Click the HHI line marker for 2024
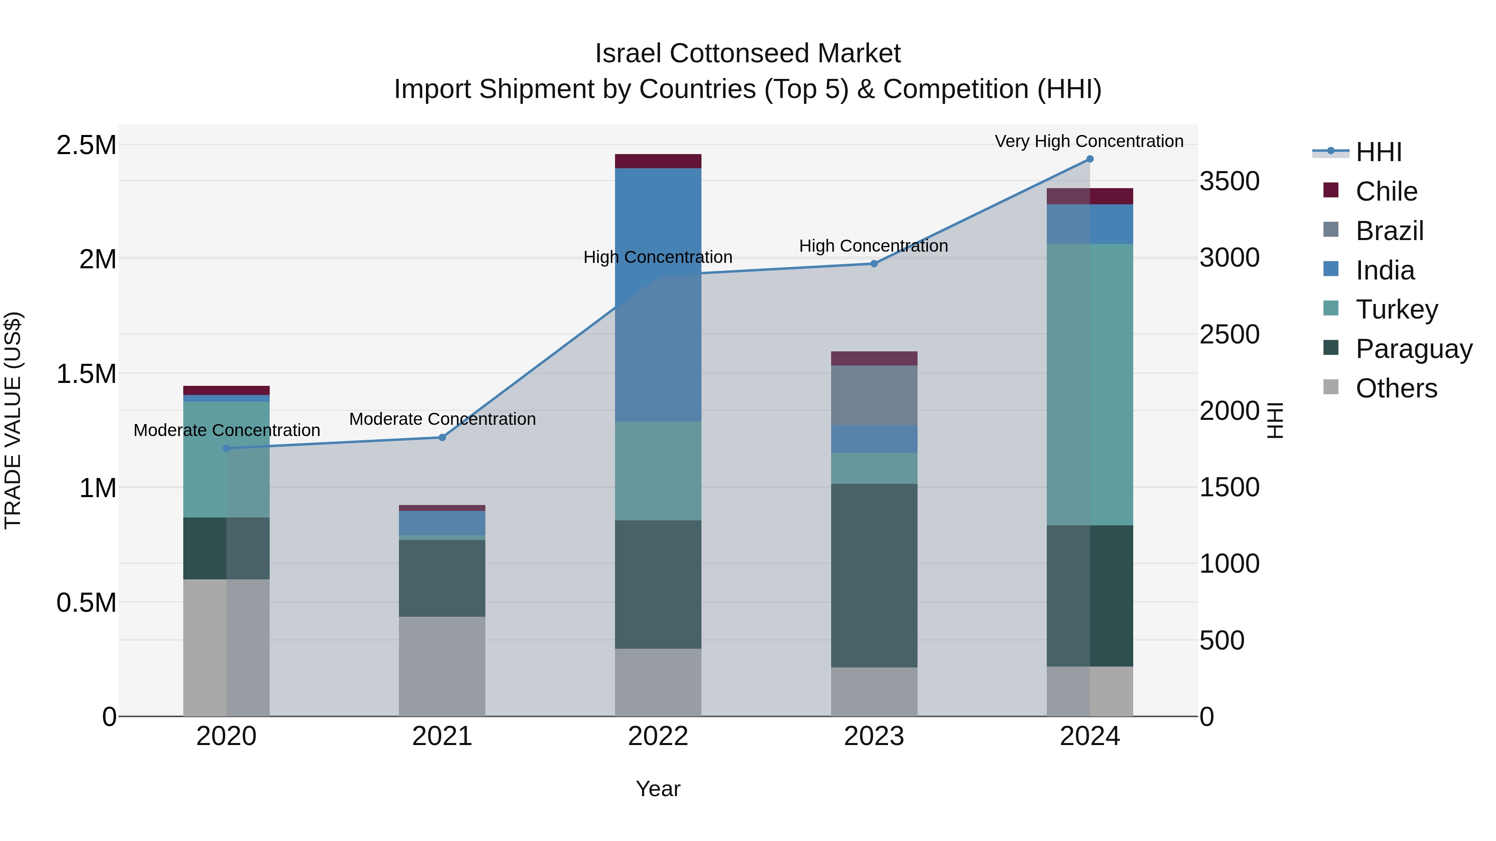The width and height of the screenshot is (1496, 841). (1090, 159)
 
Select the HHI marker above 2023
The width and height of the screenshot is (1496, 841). (874, 263)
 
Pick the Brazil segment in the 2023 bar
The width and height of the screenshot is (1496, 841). (874, 395)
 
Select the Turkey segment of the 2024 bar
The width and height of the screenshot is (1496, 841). (1090, 384)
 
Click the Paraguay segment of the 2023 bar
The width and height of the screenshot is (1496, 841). (874, 575)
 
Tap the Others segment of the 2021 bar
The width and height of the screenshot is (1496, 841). (442, 666)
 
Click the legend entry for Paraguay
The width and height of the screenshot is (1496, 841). (1414, 349)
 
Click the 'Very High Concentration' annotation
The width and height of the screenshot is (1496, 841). (1089, 141)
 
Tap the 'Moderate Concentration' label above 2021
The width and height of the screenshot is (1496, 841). (442, 419)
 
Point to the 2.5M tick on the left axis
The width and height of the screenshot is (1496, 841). (86, 145)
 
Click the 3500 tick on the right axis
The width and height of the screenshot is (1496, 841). (1230, 181)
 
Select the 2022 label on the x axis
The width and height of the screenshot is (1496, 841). (658, 736)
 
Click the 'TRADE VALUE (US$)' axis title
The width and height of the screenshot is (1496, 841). (13, 420)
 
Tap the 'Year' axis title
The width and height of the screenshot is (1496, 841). (658, 789)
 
